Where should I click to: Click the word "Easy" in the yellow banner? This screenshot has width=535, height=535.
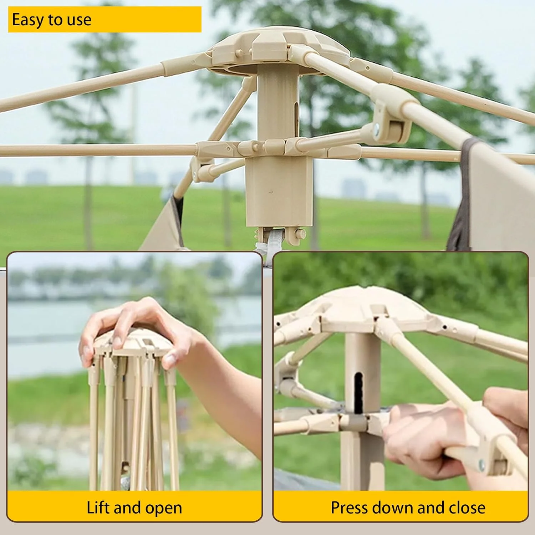click(27, 20)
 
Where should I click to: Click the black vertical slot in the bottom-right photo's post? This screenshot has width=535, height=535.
click(358, 393)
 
